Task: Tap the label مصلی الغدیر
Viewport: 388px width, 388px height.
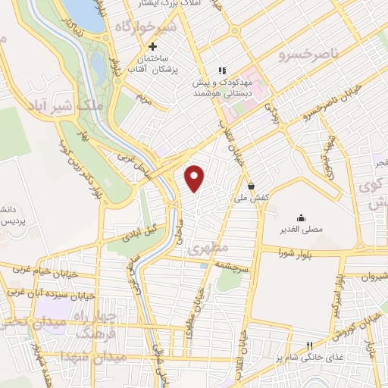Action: [301, 227]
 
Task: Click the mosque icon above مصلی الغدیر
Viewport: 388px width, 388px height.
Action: [301, 216]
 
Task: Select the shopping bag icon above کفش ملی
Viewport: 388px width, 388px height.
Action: [250, 186]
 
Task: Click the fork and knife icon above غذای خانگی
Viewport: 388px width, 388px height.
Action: [309, 345]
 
